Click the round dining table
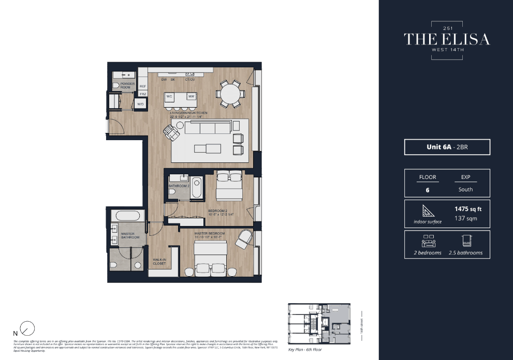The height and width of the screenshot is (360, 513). (x=230, y=94)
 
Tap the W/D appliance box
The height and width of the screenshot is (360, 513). (x=140, y=104)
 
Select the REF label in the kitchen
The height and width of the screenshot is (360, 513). (x=143, y=86)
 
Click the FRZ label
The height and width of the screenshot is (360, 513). (x=143, y=94)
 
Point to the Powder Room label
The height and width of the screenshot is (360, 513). (x=127, y=85)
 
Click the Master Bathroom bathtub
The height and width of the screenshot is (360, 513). (x=128, y=216)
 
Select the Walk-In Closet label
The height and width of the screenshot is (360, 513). (x=159, y=262)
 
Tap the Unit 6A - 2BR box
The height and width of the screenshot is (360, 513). (x=447, y=147)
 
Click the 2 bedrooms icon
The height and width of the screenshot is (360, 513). (x=428, y=241)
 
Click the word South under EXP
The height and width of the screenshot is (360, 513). (x=465, y=189)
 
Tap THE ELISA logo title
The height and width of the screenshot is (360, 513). (x=447, y=39)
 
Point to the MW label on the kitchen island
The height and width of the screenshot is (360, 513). (x=191, y=96)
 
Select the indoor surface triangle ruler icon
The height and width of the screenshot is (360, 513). (x=428, y=211)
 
